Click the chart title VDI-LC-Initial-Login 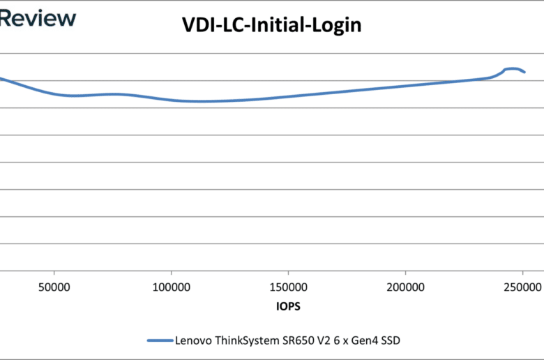pos(272,26)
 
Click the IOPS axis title pos(287,306)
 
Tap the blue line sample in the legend pos(160,340)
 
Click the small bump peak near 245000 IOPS pos(513,68)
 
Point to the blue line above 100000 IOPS pos(172,100)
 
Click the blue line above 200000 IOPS pos(406,86)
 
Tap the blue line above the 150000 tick pos(289,96)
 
